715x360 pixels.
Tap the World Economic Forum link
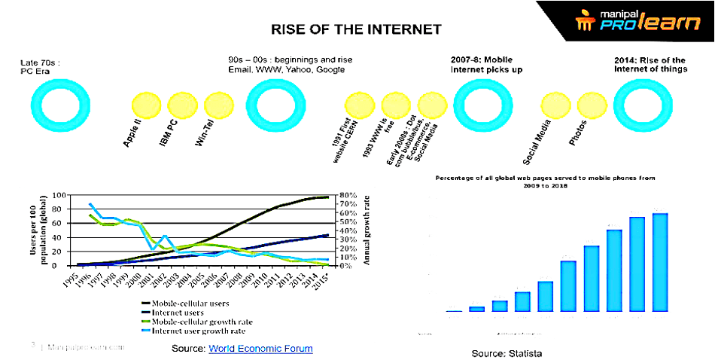260,348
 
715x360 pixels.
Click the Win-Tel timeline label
205,132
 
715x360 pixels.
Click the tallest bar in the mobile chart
660,262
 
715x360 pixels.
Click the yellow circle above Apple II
146,104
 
